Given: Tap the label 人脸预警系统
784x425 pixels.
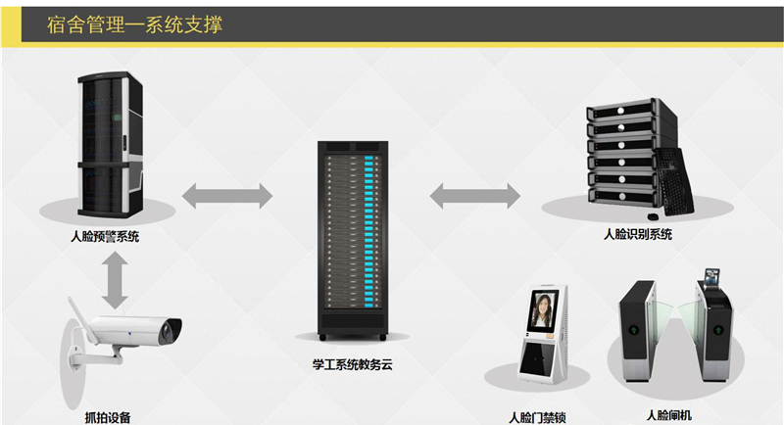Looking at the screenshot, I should tap(105, 236).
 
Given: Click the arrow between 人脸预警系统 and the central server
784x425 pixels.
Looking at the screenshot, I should tap(227, 193).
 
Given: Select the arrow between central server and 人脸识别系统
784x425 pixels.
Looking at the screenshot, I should tap(475, 193).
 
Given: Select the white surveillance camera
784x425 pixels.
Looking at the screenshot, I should tap(132, 333).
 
